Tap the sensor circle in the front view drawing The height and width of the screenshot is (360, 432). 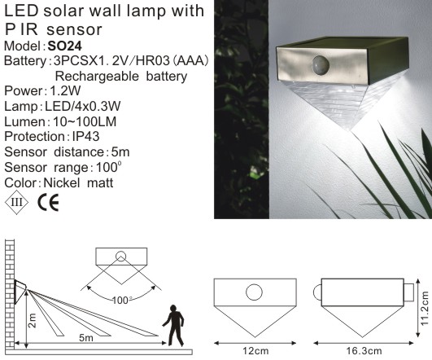(254, 291)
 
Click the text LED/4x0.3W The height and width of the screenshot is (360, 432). (81, 91)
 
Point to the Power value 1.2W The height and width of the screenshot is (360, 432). (66, 76)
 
